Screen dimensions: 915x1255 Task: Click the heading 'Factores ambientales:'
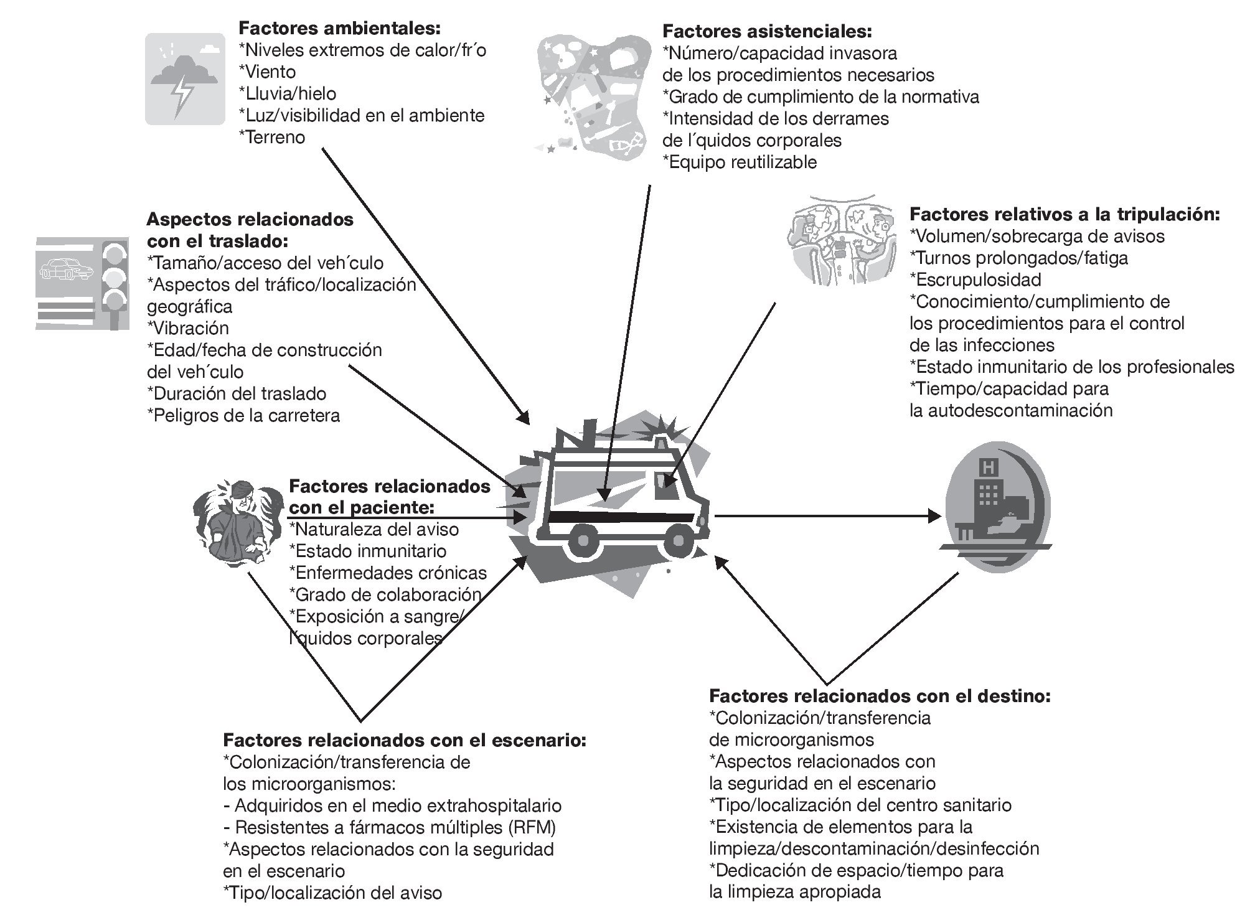pyautogui.click(x=340, y=28)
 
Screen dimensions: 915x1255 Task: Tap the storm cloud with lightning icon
pyautogui.click(x=185, y=78)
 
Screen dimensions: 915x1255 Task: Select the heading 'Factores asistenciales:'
pyautogui.click(x=767, y=31)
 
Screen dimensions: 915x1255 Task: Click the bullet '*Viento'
pyautogui.click(x=268, y=72)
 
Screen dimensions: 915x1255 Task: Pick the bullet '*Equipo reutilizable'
pyautogui.click(x=740, y=162)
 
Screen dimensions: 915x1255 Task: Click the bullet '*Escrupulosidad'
pyautogui.click(x=975, y=279)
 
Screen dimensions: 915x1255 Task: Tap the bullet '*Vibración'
pyautogui.click(x=188, y=328)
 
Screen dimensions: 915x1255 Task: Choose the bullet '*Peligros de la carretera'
pyautogui.click(x=243, y=415)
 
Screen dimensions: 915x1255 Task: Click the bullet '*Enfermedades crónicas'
pyautogui.click(x=388, y=573)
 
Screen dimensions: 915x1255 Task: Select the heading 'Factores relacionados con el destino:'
pyautogui.click(x=880, y=695)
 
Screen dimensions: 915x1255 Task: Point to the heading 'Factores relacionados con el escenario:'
pyautogui.click(x=405, y=740)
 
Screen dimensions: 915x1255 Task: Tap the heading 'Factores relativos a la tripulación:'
pyautogui.click(x=1065, y=214)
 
